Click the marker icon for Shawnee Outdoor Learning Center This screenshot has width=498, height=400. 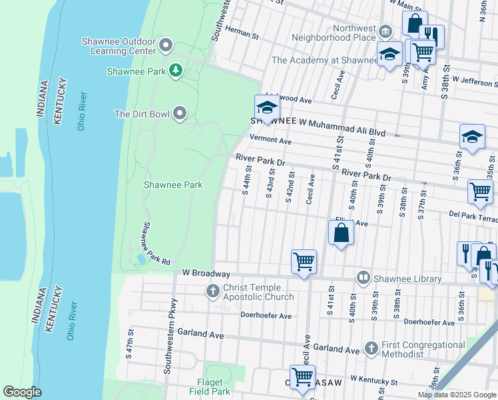coord(166,46)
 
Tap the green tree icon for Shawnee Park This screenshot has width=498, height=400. coord(176,71)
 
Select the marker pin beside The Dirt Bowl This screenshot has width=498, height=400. coord(180,114)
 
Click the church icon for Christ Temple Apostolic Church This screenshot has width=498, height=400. coord(213,291)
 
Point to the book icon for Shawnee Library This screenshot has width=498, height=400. coord(364,278)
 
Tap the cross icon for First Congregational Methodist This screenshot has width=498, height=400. coord(372,349)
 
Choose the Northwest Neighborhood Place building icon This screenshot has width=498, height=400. coord(385,32)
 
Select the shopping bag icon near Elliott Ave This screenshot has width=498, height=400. coord(341,233)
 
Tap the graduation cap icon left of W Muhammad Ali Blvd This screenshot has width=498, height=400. coord(267,107)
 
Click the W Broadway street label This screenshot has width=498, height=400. coord(206,273)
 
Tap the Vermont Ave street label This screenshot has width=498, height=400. coord(270,141)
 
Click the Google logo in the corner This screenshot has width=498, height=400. coord(22,392)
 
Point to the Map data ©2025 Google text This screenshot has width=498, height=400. coord(457,395)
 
